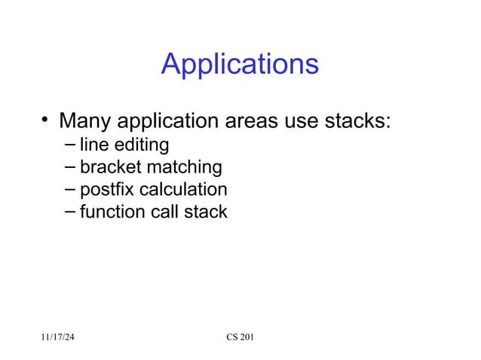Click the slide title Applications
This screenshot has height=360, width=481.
coord(240,65)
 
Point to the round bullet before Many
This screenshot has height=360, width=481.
coord(46,119)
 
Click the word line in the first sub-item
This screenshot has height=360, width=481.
coord(93,144)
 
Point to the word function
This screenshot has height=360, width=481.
coord(109,212)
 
